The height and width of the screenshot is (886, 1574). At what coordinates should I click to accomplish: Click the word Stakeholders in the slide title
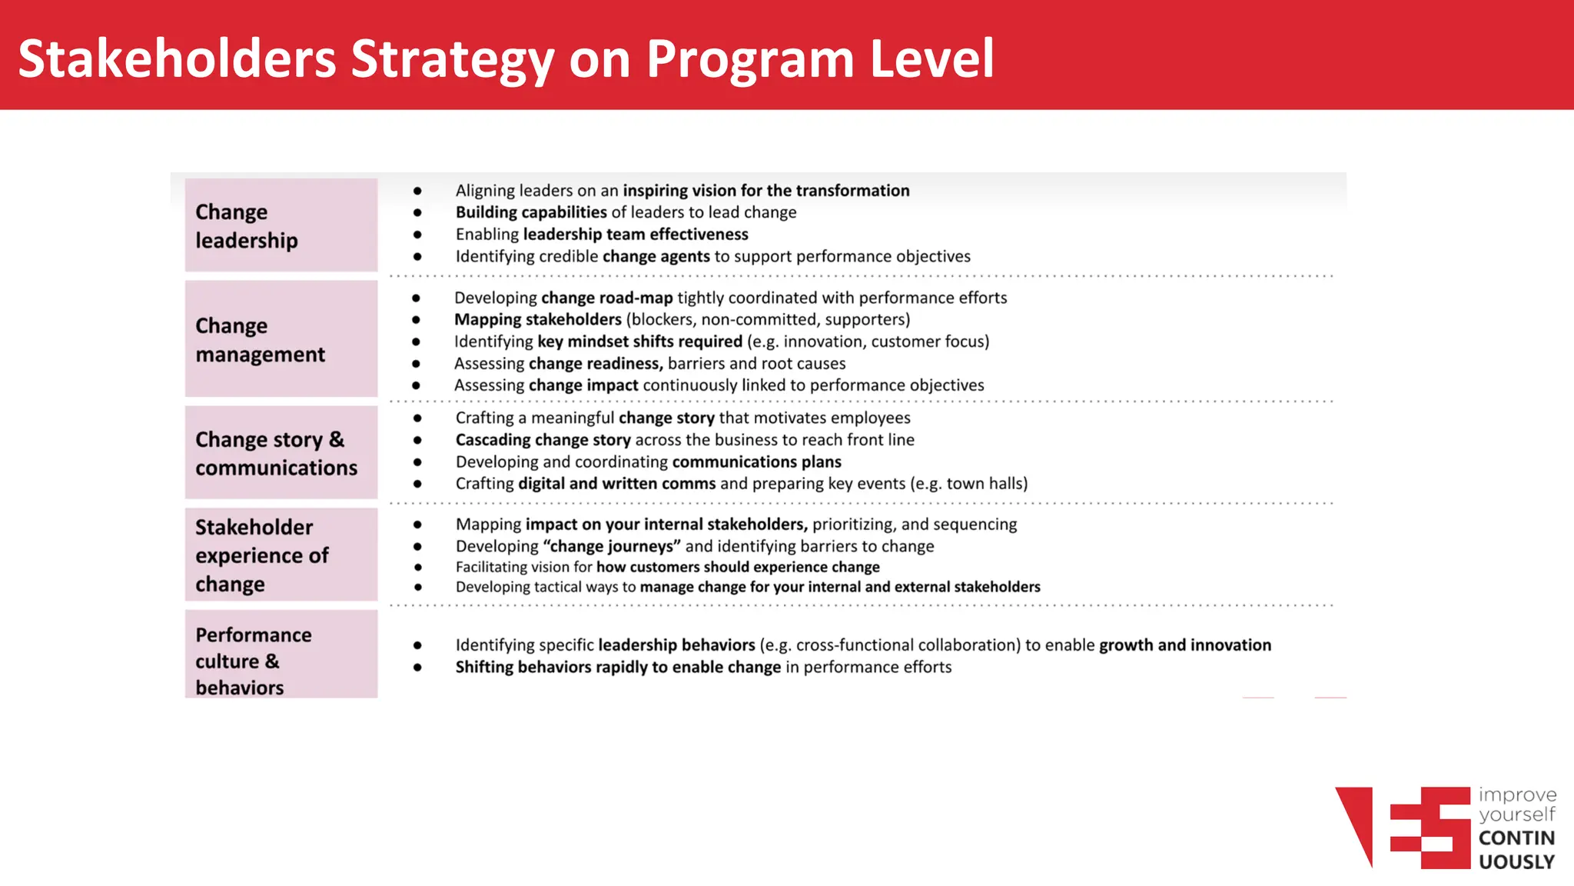pyautogui.click(x=178, y=59)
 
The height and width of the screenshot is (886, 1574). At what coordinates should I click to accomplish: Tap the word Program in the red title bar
pyautogui.click(x=750, y=59)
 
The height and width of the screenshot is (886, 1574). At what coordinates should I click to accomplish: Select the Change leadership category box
pyautogui.click(x=281, y=225)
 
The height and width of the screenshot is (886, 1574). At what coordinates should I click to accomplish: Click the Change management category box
pyautogui.click(x=281, y=339)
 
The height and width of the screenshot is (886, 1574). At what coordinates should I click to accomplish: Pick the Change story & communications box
pyautogui.click(x=281, y=453)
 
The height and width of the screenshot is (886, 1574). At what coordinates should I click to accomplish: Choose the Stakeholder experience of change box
pyautogui.click(x=281, y=555)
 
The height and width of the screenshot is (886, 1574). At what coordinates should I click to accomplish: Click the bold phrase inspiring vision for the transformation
pyautogui.click(x=765, y=191)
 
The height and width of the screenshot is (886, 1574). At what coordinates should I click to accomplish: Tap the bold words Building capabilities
pyautogui.click(x=531, y=212)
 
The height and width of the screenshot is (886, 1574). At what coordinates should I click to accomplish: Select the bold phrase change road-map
pyautogui.click(x=606, y=298)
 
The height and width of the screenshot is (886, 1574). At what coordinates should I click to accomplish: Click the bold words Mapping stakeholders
pyautogui.click(x=537, y=319)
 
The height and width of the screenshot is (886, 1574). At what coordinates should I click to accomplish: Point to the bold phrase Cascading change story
pyautogui.click(x=543, y=440)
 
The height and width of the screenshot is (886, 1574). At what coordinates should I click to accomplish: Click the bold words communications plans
pyautogui.click(x=756, y=461)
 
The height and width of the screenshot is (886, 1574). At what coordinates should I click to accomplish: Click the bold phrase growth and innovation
pyautogui.click(x=1184, y=645)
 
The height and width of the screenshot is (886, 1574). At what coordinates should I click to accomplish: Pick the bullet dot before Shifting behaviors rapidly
pyautogui.click(x=417, y=668)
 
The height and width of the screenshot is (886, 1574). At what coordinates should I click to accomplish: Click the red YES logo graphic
pyautogui.click(x=1403, y=828)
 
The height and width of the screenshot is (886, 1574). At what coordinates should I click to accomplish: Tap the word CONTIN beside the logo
pyautogui.click(x=1516, y=838)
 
